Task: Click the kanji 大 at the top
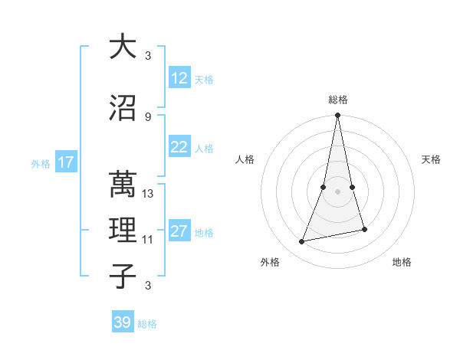pos(122,47)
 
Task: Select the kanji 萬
pos(122,184)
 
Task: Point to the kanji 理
pos(122,229)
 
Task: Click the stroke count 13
pos(149,194)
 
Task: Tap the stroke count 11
pos(148,240)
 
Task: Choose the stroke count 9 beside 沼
pos(148,116)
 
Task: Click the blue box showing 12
pos(179,78)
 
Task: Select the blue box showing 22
pos(179,147)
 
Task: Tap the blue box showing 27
pos(179,231)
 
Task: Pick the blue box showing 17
pos(65,162)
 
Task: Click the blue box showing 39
pos(122,322)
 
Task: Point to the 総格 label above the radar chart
pos(337,100)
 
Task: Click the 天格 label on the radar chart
pos(432,159)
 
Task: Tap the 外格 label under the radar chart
pos(270,262)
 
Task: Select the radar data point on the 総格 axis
pos(337,116)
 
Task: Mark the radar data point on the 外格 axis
pos(302,242)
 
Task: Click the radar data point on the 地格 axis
pos(364,229)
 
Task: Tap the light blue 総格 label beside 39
pos(147,324)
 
